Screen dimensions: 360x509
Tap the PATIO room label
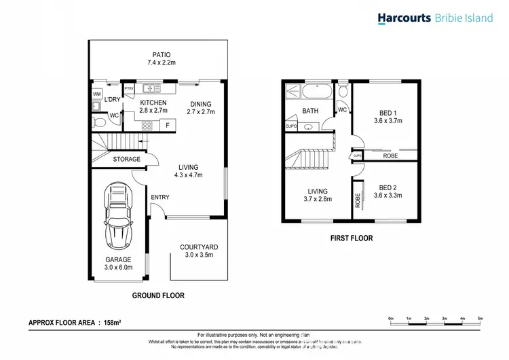(161, 55)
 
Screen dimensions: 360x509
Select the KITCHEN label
(153, 103)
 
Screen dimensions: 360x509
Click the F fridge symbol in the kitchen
(167, 125)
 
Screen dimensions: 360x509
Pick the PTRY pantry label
(129, 89)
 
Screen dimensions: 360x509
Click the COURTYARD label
(200, 247)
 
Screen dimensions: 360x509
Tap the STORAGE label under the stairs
(126, 160)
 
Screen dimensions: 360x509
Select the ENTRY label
(160, 198)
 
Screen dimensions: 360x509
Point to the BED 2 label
(388, 187)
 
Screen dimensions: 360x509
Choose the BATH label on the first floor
(310, 111)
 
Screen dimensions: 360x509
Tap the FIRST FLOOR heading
(351, 238)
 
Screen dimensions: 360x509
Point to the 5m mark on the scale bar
(480, 318)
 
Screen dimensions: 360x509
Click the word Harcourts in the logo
(404, 18)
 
